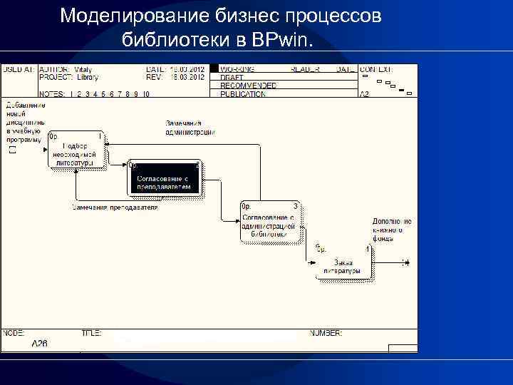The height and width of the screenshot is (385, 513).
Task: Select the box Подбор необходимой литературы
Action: [x=76, y=150]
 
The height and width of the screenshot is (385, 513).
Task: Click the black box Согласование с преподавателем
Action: [x=165, y=178]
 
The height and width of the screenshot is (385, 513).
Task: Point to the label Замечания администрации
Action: [x=190, y=128]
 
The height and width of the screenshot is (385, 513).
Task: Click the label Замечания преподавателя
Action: [x=114, y=207]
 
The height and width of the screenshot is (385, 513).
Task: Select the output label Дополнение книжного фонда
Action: [x=391, y=230]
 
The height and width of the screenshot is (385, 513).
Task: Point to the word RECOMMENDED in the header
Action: [x=248, y=85]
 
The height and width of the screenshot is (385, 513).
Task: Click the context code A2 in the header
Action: [x=363, y=93]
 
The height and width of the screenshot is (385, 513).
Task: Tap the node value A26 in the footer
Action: [x=40, y=343]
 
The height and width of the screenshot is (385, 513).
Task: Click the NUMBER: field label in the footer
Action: [x=325, y=333]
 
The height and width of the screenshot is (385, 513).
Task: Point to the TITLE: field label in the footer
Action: [x=91, y=333]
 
